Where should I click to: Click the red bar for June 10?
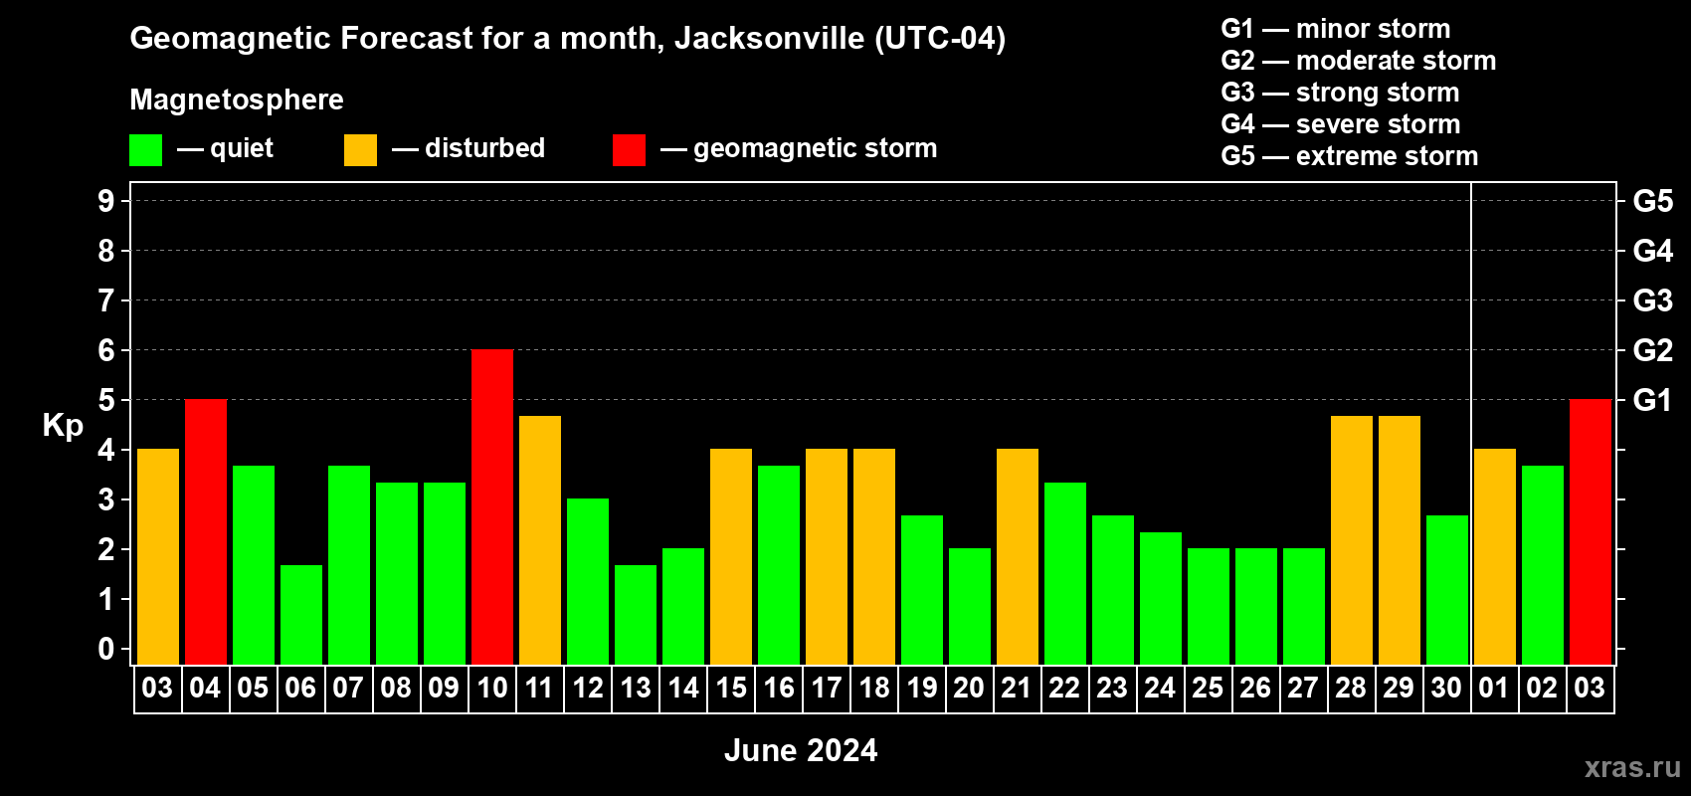click(492, 506)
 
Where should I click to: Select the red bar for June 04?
click(206, 531)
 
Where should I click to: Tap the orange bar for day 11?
click(540, 539)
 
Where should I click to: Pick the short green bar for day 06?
click(301, 614)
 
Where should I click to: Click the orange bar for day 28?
click(1352, 539)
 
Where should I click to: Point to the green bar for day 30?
click(1447, 589)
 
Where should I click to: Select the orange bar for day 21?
click(1018, 556)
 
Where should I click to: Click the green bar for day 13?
click(636, 614)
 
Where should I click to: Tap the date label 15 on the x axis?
click(731, 689)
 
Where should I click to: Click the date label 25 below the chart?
click(1208, 689)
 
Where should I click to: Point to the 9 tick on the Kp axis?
click(106, 201)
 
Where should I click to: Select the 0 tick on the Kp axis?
click(106, 649)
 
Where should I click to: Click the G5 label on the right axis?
click(1652, 201)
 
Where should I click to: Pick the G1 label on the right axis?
click(1652, 400)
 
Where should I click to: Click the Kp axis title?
click(63, 425)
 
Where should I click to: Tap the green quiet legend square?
click(146, 150)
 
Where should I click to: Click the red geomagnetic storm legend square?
click(629, 150)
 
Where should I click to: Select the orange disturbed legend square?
click(360, 150)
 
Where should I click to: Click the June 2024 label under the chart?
click(801, 750)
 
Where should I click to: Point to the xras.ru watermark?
click(1632, 767)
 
